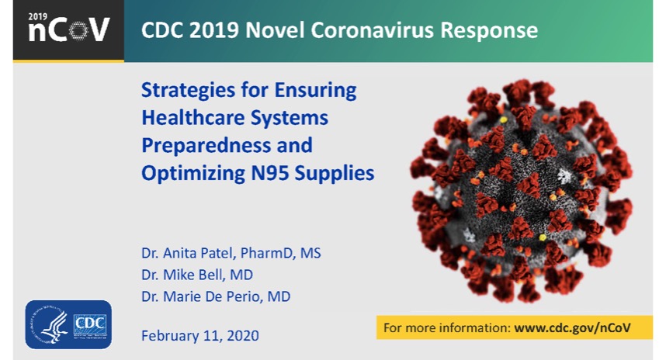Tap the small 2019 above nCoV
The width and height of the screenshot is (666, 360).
pos(38,17)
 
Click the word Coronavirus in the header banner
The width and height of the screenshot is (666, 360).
pos(373,30)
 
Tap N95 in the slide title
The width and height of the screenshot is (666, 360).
pos(270,173)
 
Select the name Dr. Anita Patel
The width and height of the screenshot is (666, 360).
pos(187,253)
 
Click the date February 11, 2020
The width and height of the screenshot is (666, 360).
pos(200,336)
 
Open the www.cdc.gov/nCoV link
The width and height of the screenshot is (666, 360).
pos(572,327)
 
